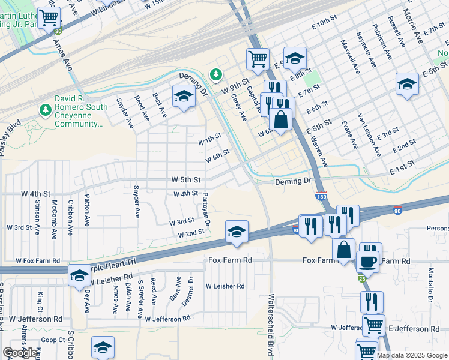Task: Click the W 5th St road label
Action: pyautogui.click(x=185, y=179)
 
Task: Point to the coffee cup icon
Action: pyautogui.click(x=367, y=261)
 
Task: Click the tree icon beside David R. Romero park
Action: pyautogui.click(x=44, y=110)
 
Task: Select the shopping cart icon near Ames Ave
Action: pyautogui.click(x=48, y=17)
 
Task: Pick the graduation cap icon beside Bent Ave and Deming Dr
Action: pyautogui.click(x=184, y=96)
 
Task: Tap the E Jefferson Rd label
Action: pyautogui.click(x=414, y=329)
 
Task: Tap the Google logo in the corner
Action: pyautogui.click(x=20, y=353)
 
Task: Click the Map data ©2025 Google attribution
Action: pyautogui.click(x=411, y=355)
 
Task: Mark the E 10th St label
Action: pyautogui.click(x=325, y=22)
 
